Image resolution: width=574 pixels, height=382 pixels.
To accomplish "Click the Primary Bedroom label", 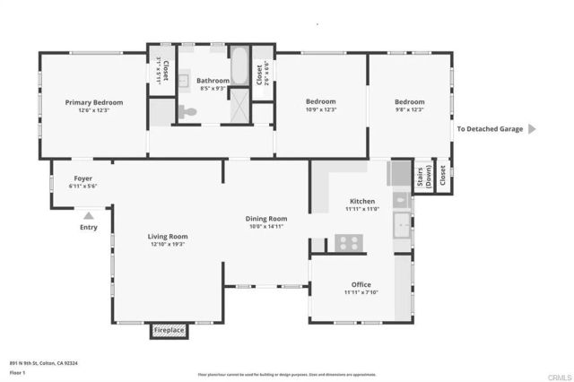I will [93, 102].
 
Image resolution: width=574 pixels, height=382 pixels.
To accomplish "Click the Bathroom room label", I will [213, 81].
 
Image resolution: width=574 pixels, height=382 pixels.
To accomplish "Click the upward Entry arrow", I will [87, 215].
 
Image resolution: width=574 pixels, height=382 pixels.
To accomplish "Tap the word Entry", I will [88, 226].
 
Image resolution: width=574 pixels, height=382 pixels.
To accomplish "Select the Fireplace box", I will [170, 330].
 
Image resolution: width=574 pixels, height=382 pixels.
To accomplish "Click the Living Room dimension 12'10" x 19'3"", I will [168, 244].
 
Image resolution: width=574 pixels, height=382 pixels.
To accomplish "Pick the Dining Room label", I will [266, 218].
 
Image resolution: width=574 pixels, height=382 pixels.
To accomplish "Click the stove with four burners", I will [348, 241].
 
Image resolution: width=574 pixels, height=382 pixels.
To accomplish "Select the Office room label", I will [361, 284].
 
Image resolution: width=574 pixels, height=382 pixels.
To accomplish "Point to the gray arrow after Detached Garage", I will [531, 129].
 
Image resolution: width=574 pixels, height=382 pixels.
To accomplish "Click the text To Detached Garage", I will [489, 129].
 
